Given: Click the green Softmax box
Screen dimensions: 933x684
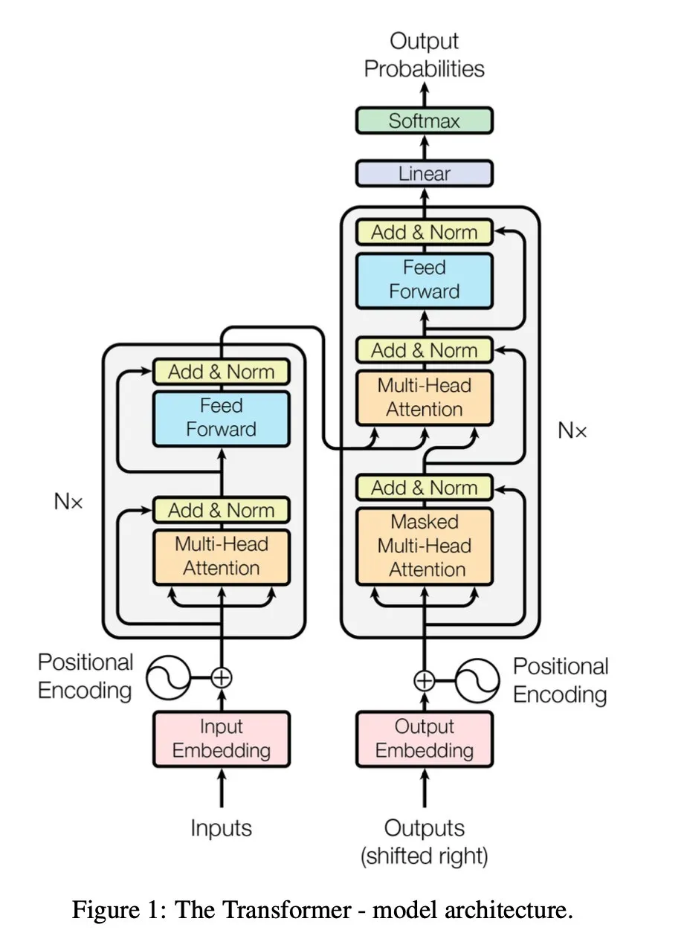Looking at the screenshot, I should (x=424, y=120).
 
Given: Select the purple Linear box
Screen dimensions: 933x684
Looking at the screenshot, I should (x=424, y=173).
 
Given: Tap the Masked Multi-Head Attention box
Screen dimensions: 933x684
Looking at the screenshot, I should (x=424, y=546).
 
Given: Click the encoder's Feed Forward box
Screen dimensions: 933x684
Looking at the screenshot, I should (x=221, y=418).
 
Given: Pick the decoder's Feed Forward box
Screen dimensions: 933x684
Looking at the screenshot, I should (x=424, y=280).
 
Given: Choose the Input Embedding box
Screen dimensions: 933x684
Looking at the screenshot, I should (x=221, y=739).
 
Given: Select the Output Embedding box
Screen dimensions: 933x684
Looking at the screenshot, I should (x=424, y=739).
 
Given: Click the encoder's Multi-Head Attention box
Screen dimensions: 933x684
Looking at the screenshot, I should (x=221, y=556).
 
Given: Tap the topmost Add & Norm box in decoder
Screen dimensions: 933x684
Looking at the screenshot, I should (x=424, y=232).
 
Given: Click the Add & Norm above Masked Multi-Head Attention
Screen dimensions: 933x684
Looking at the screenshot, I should (x=424, y=488).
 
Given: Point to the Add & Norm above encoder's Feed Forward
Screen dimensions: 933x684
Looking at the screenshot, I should (x=221, y=372).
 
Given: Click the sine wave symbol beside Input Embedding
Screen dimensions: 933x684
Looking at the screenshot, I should (x=168, y=677).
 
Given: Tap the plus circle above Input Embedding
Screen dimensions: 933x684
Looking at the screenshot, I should (x=221, y=677).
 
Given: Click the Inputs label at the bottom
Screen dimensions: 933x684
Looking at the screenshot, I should (x=221, y=827).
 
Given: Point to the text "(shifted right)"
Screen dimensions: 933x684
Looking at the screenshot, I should (x=424, y=856).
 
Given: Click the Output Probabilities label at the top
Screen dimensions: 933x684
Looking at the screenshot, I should (x=424, y=55).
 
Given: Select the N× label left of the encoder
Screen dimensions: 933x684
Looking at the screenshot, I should (x=68, y=501).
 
